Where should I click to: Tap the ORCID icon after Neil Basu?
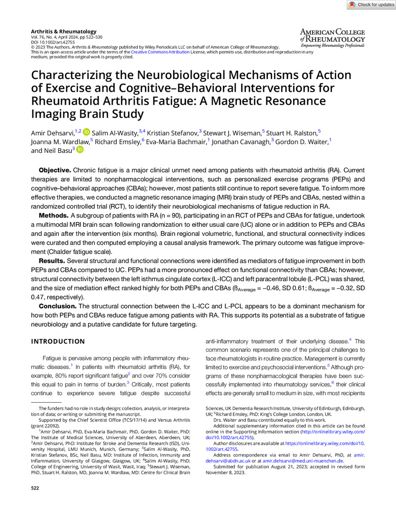click(x=80, y=150)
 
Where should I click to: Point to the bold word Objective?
click(x=55, y=169)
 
